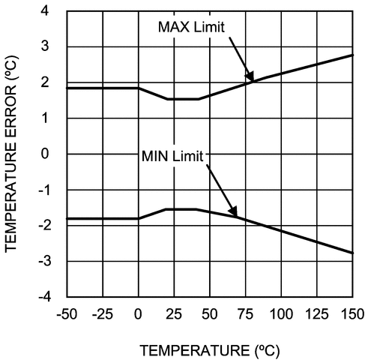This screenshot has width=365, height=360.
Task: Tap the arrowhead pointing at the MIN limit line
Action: click(x=235, y=213)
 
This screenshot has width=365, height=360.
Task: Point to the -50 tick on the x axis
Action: click(x=67, y=312)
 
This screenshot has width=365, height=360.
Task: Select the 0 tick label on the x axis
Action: click(x=138, y=312)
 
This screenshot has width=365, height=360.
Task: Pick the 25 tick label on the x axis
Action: click(x=174, y=312)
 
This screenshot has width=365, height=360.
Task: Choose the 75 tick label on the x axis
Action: click(x=245, y=312)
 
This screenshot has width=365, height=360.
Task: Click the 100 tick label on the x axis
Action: click(x=280, y=312)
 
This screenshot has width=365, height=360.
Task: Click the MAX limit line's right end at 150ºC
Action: click(x=352, y=55)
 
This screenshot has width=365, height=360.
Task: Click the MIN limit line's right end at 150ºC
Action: click(x=352, y=253)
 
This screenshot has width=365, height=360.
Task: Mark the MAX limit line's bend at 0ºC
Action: click(x=139, y=88)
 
